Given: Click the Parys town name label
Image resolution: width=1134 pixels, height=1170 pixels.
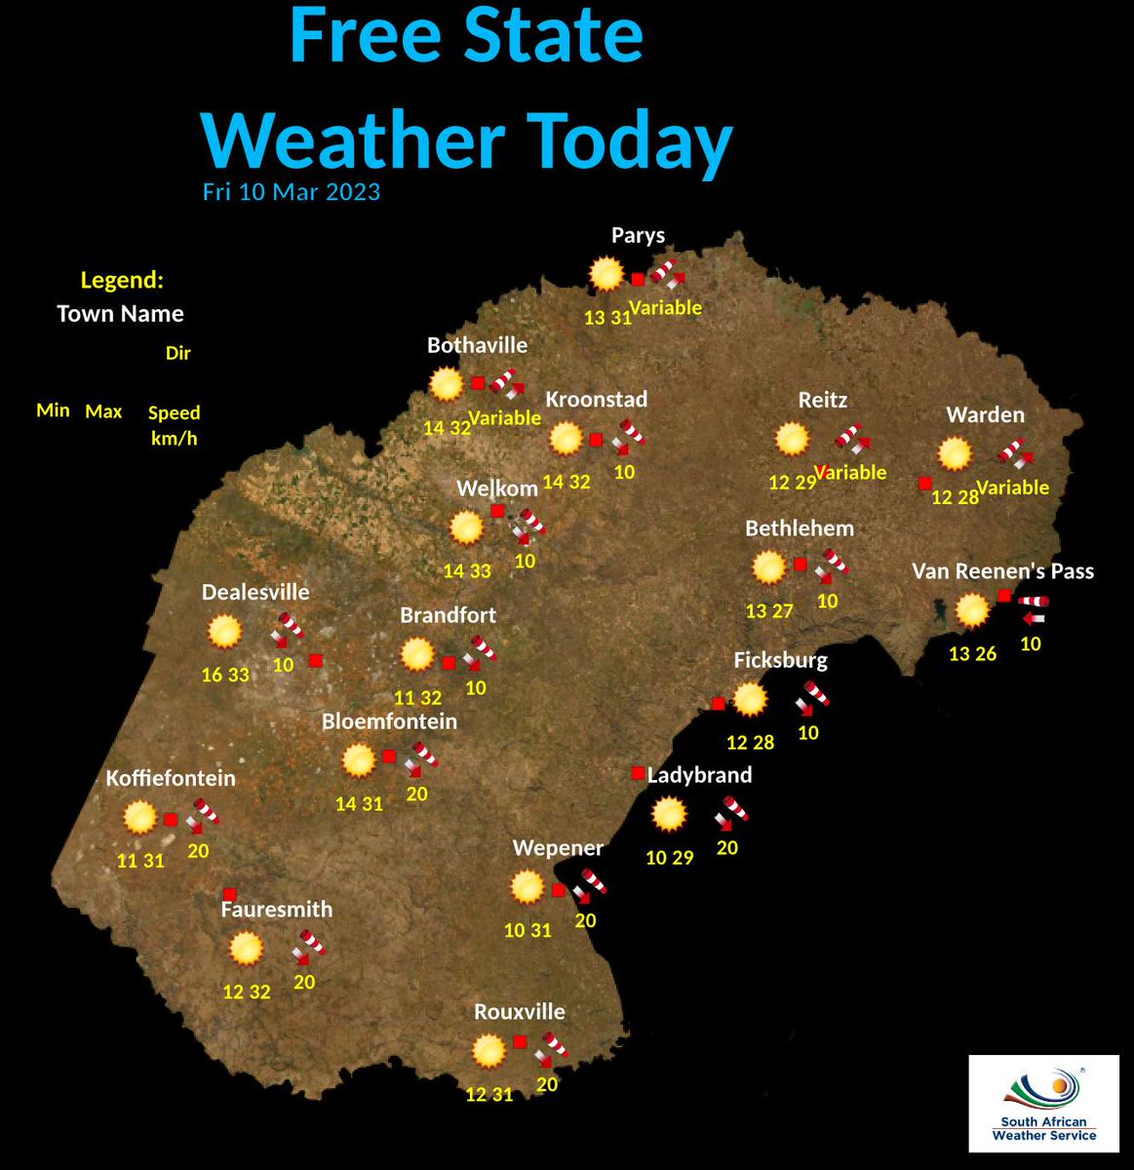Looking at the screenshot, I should click(638, 235).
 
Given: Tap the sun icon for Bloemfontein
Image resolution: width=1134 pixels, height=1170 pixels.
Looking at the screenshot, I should click(359, 760).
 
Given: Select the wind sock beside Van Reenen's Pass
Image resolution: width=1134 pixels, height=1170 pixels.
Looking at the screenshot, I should click(1033, 609).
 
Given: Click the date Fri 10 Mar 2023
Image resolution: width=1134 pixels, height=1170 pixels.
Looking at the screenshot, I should click(291, 191).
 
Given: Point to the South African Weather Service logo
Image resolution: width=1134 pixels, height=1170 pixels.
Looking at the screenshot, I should click(1043, 1103).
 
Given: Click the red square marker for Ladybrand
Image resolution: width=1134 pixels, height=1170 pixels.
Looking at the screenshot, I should click(638, 773).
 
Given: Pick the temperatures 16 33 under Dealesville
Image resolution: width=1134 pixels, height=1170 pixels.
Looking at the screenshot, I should click(225, 675).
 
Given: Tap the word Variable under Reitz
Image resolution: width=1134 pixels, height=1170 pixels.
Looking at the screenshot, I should click(850, 473).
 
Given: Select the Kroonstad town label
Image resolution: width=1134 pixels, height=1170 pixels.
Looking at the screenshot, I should click(596, 400).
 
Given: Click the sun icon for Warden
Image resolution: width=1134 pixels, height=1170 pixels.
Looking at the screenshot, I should click(955, 453).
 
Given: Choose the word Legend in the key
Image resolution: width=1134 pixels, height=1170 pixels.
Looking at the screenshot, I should click(121, 281).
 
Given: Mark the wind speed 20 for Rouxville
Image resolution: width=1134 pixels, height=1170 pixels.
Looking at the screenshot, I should click(547, 1083).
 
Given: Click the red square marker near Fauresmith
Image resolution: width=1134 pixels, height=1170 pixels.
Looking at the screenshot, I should click(229, 894).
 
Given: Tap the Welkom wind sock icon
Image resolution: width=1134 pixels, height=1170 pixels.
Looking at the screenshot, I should click(529, 526).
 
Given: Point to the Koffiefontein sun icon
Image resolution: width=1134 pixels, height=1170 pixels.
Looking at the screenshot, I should click(140, 817).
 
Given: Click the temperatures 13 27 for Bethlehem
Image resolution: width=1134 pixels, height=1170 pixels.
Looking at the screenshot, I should click(769, 611).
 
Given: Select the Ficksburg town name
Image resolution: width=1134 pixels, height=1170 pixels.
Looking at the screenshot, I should click(780, 660).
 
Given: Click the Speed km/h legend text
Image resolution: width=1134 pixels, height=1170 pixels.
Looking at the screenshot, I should click(174, 425).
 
